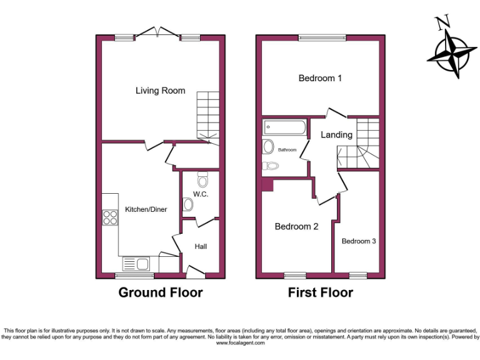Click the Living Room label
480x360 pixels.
161,91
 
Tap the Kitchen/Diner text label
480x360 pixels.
146,209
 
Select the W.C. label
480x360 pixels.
200,194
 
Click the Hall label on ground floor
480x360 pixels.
201,246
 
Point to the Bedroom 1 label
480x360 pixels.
320,78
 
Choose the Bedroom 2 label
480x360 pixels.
296,226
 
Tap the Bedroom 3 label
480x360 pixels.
358,241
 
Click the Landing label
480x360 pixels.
336,134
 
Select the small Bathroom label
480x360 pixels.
287,150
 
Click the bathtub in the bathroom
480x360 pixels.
284,128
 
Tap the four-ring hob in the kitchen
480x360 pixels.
111,218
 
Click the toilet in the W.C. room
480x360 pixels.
201,181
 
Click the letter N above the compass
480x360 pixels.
443,24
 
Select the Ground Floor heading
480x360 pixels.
161,292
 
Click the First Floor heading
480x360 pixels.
320,292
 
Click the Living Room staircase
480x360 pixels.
208,116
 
